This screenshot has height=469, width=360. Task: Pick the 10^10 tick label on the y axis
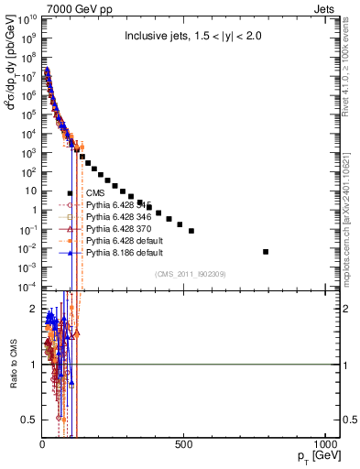[x=27, y=18]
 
